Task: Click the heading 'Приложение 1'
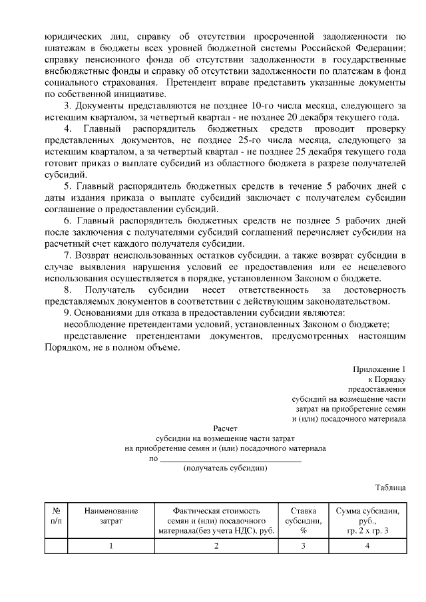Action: (379, 369)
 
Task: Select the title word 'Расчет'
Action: (225, 428)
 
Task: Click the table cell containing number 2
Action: (216, 546)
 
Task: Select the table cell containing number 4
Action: (367, 546)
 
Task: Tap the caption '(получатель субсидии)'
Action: (225, 468)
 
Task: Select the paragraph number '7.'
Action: (67, 255)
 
